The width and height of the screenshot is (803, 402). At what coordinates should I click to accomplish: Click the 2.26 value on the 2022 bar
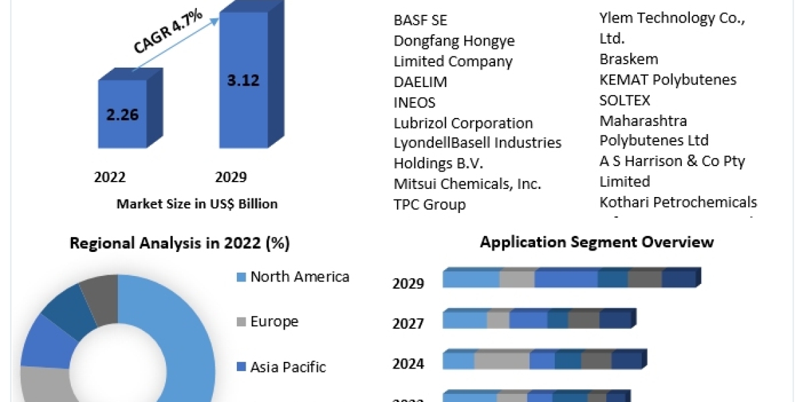click(x=122, y=114)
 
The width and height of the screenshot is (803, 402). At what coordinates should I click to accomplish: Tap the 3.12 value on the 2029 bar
click(x=243, y=80)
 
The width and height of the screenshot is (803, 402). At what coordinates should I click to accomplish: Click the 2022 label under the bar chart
click(x=110, y=177)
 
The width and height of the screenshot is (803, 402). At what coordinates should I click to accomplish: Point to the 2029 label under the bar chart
click(x=231, y=177)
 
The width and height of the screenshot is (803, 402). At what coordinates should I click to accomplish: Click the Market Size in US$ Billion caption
click(x=197, y=204)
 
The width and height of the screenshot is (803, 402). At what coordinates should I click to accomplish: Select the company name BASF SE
click(x=420, y=20)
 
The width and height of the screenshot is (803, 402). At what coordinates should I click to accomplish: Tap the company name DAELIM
click(x=420, y=82)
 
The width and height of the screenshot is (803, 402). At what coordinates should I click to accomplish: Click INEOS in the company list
click(x=414, y=103)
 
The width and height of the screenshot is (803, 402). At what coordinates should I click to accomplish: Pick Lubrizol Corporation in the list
click(x=463, y=123)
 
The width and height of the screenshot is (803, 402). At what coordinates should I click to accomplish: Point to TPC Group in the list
click(x=430, y=204)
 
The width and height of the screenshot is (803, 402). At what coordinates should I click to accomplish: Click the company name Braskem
click(x=628, y=59)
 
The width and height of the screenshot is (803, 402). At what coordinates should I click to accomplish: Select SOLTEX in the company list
click(x=625, y=100)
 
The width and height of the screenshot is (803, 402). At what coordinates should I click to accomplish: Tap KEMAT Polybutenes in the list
click(x=668, y=80)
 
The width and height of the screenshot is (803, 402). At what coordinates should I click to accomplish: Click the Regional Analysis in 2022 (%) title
click(x=179, y=243)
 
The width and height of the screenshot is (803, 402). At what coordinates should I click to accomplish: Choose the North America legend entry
click(x=299, y=277)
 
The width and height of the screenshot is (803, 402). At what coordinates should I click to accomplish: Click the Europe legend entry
click(x=274, y=322)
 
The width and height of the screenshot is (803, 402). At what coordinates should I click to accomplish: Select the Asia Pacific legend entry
click(x=288, y=367)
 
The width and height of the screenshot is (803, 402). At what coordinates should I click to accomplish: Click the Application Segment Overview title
click(x=597, y=242)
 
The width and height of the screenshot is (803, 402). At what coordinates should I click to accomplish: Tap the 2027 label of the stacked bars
click(x=408, y=324)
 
